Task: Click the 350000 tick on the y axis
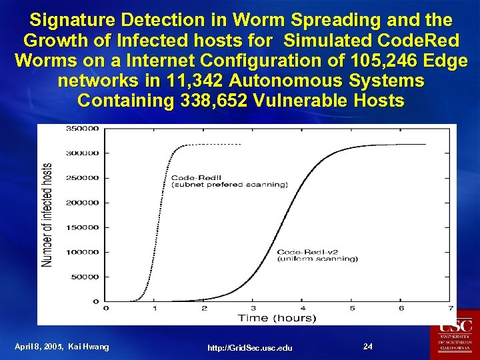click(81, 128)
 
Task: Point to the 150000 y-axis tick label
click(81, 227)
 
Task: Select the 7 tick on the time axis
click(451, 308)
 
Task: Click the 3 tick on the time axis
click(253, 308)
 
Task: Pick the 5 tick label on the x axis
click(352, 308)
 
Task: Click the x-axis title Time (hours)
click(277, 318)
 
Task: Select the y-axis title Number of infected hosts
click(48, 215)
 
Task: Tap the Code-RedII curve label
click(191, 177)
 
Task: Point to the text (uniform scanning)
click(317, 259)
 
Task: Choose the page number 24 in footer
click(367, 346)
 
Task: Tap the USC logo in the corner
click(456, 334)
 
